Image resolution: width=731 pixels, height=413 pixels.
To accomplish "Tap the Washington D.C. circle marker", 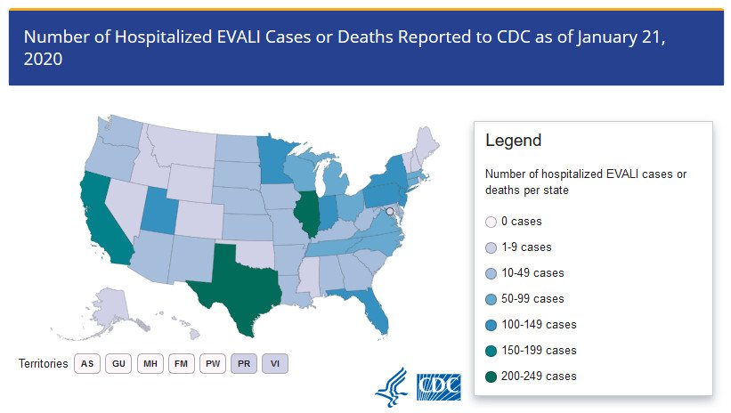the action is pos(390,212).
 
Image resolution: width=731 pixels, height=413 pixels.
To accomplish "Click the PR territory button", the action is pos(244,363).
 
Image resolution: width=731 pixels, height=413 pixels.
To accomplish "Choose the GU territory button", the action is pos(118,363).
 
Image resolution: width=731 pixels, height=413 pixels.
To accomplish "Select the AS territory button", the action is pos(87,363).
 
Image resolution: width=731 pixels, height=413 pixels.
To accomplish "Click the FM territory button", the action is pos(182,363).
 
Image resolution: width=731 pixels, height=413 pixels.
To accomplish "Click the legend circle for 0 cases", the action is pos(491,222).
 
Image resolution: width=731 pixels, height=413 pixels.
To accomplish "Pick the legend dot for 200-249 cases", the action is pos(491,377).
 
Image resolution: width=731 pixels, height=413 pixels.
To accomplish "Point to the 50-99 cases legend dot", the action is pos(491,299).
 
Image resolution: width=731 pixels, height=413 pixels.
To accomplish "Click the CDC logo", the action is pos(439,387).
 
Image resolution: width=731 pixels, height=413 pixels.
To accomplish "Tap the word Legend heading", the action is pos(513,141).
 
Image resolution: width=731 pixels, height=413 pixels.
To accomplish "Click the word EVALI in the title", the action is pos(239,37).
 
